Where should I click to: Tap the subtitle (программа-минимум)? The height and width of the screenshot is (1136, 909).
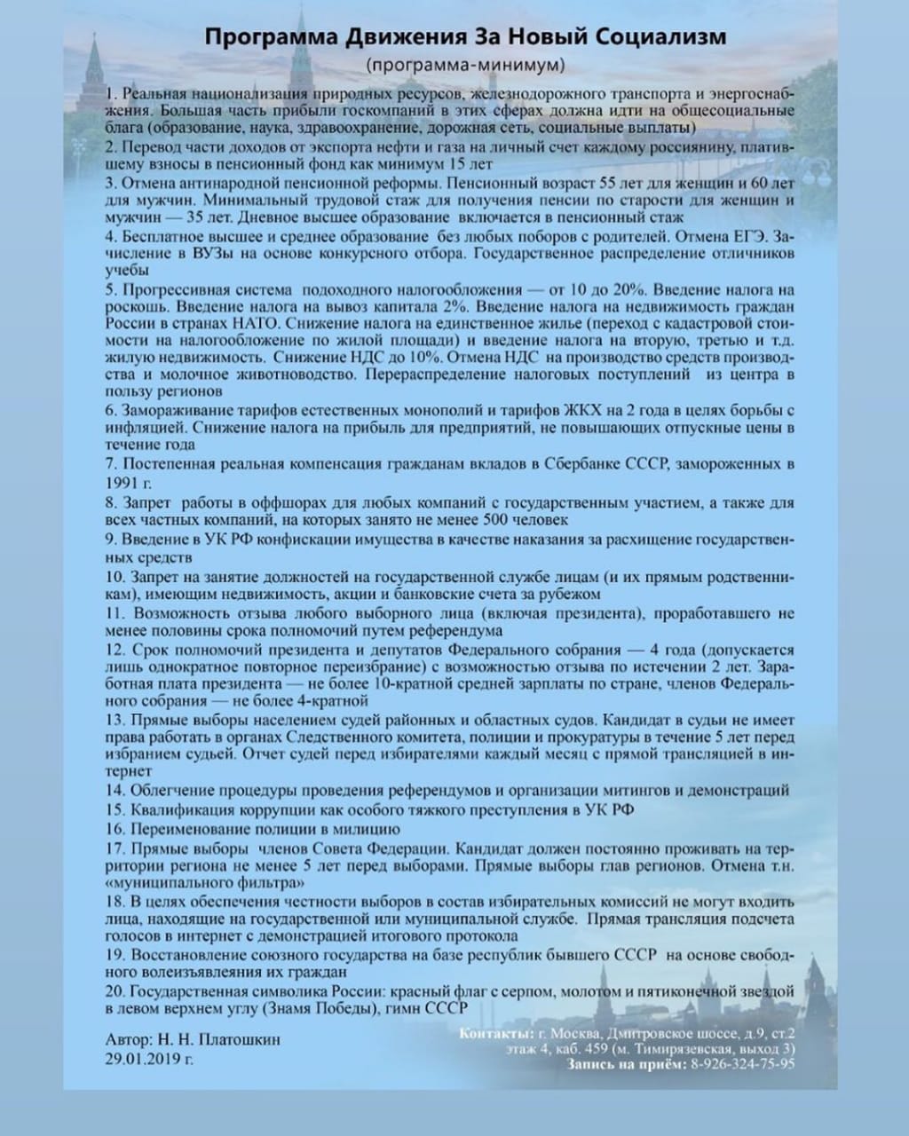[x=464, y=65]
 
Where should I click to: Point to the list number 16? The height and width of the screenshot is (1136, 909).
[x=115, y=828]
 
